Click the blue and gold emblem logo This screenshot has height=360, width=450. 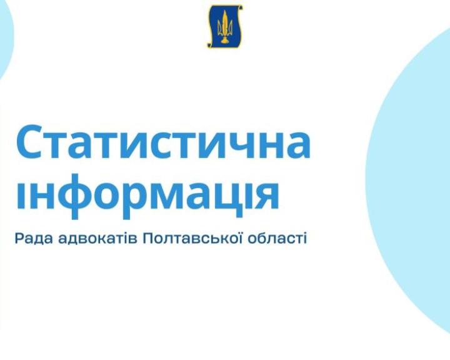225,26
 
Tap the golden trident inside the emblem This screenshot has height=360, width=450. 225,26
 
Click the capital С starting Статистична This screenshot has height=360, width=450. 31,142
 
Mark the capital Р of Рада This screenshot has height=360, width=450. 19,239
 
